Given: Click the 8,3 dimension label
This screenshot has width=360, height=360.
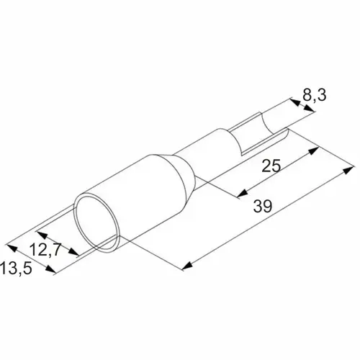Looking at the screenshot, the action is point(314,95).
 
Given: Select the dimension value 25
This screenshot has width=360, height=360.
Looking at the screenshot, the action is point(271,166).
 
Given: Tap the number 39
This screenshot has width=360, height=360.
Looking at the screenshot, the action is point(263,206).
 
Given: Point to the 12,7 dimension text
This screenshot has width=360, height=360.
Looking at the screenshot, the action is point(45,250).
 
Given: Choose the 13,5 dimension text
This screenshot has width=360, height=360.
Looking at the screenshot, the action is point(16,268).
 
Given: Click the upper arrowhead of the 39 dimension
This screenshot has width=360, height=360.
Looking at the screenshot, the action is point(348,170).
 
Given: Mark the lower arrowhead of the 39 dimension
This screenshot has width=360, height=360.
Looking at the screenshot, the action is point(187,266).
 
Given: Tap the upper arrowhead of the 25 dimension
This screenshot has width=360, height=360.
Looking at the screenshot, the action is point(313,150).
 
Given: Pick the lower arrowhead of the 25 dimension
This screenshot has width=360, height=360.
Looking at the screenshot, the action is point(243,193).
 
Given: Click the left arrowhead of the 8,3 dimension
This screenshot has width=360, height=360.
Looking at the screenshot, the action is point(294,102).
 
